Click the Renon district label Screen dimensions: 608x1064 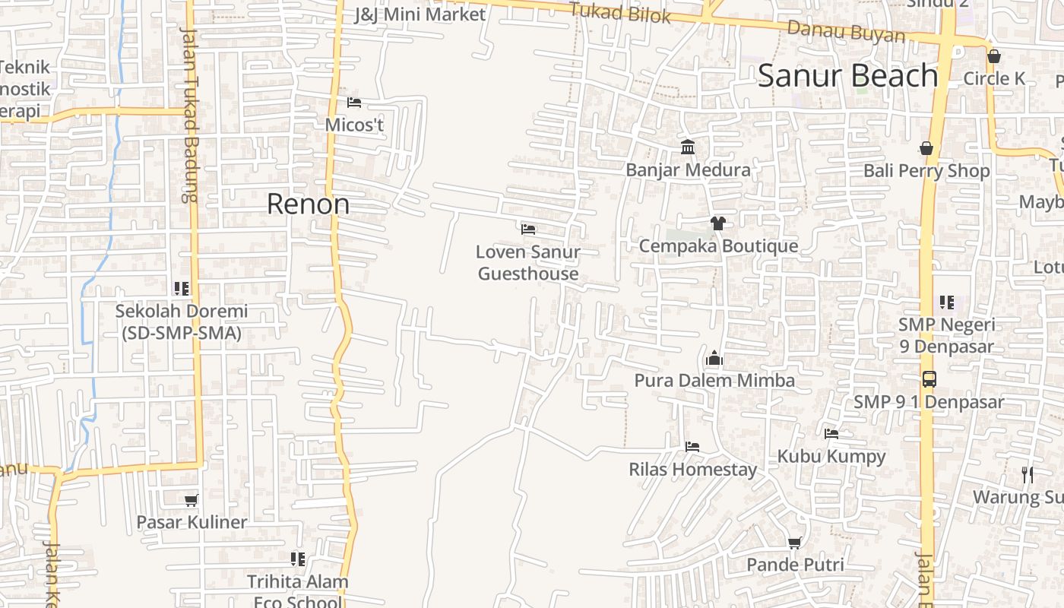pos(308,204)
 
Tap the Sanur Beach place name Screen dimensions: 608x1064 pos(848,75)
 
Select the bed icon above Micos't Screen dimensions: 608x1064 pos(354,102)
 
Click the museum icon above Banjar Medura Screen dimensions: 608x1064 pos(688,147)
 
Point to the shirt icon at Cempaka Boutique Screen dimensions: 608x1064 pos(717,223)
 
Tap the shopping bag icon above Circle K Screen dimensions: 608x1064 pos(993,56)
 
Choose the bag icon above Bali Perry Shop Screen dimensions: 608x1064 pos(926,148)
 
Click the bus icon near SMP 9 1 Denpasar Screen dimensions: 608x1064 pos(929,378)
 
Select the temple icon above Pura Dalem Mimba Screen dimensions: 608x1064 pos(714,358)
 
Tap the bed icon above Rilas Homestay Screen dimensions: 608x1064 pos(692,446)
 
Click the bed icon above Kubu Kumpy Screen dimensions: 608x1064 pos(831,434)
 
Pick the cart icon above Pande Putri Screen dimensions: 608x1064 pos(795,543)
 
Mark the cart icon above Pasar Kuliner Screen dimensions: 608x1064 pos(191,500)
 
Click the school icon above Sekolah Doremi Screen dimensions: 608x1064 pos(181,288)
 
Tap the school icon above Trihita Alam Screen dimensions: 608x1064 pos(298,559)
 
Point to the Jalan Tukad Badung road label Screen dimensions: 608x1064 pos(189,114)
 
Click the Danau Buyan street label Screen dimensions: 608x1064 pos(846,32)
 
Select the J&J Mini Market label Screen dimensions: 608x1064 pos(420,14)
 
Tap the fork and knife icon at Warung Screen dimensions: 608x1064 pos(1028,475)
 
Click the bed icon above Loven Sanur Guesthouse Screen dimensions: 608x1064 pos(528,229)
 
